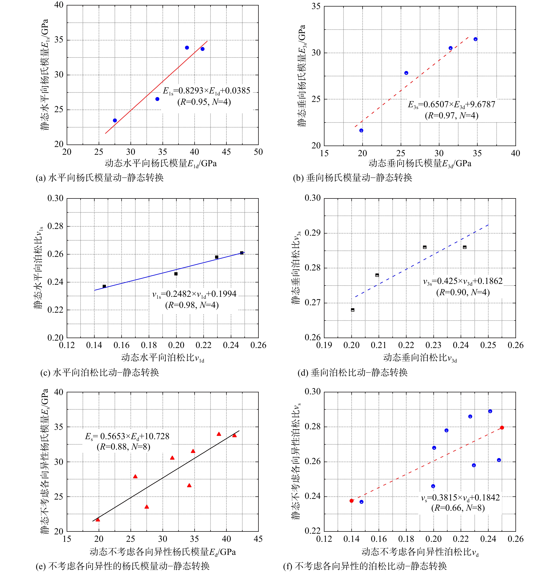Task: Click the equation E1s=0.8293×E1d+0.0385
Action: tap(206, 91)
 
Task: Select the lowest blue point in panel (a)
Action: tap(115, 120)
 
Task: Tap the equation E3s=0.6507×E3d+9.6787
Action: tap(451, 105)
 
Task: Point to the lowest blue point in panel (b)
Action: tap(361, 130)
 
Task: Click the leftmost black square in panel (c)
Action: tap(104, 286)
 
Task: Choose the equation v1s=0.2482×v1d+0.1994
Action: tap(194, 294)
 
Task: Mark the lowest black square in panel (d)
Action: tap(353, 310)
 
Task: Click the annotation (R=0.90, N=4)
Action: tap(463, 292)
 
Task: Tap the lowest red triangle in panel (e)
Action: tap(98, 520)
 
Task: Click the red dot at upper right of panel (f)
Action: tap(502, 428)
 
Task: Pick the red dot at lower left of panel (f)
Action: tap(352, 501)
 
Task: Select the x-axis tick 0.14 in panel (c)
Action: tap(94, 346)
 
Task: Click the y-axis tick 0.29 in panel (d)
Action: tap(312, 233)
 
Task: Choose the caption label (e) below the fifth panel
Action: tap(41, 566)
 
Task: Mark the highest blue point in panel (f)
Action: tap(490, 411)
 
